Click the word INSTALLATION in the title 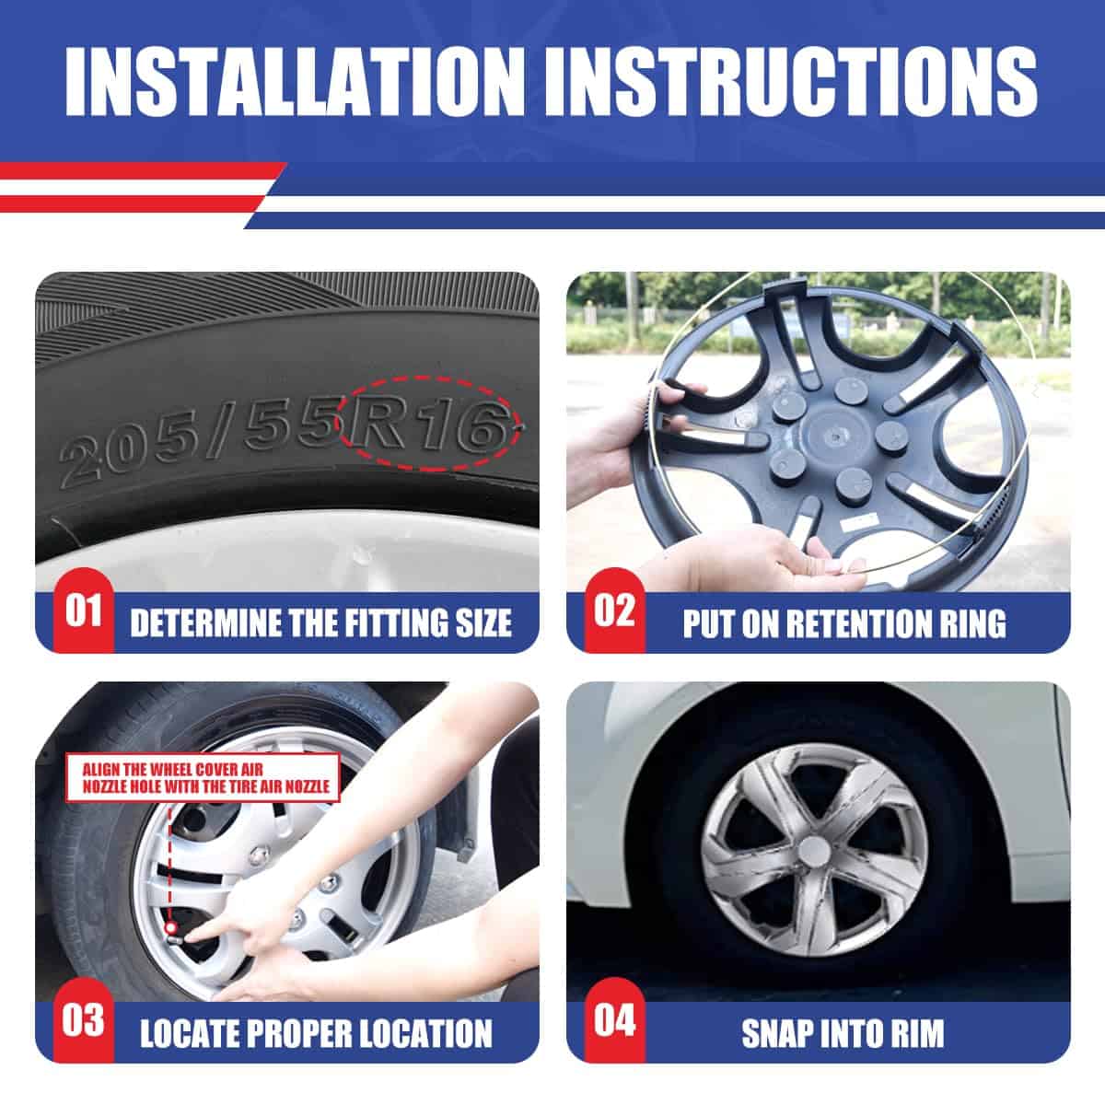point(293,83)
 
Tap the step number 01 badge point(84,611)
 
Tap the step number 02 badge point(615,611)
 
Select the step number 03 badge point(84,1019)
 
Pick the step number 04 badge point(615,1019)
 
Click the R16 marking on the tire point(428,425)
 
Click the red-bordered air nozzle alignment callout point(203,777)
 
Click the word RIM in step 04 point(919,1033)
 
